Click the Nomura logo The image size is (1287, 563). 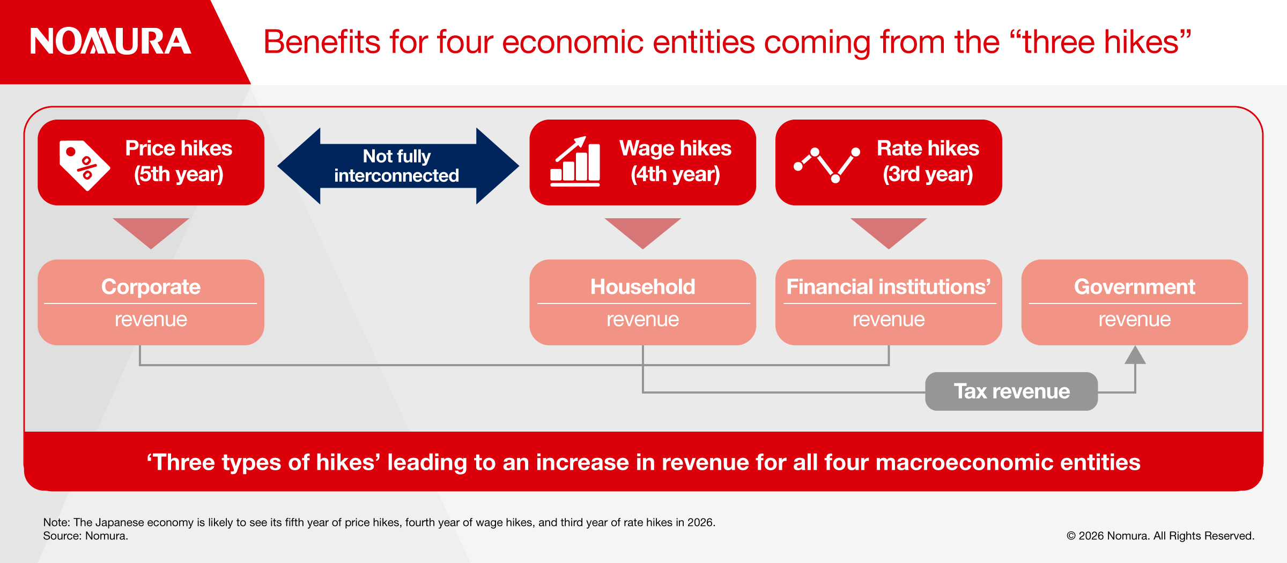(x=110, y=41)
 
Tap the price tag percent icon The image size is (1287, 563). (x=84, y=165)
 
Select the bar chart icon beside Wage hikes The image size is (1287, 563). (x=575, y=161)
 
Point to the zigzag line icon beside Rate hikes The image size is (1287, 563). (x=827, y=165)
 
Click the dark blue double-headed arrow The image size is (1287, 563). (x=398, y=166)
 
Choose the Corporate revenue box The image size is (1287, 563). (x=151, y=302)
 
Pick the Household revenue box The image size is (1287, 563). (x=642, y=302)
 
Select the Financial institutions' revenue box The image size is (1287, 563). (x=889, y=302)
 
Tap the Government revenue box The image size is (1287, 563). (x=1135, y=302)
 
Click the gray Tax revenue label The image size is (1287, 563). (x=1011, y=391)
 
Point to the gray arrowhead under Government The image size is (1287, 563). (x=1135, y=355)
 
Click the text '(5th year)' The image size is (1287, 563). (x=179, y=174)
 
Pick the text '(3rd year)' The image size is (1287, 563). (x=928, y=174)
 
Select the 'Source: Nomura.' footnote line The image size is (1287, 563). (x=86, y=536)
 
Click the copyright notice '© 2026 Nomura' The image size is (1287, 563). (x=1108, y=536)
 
